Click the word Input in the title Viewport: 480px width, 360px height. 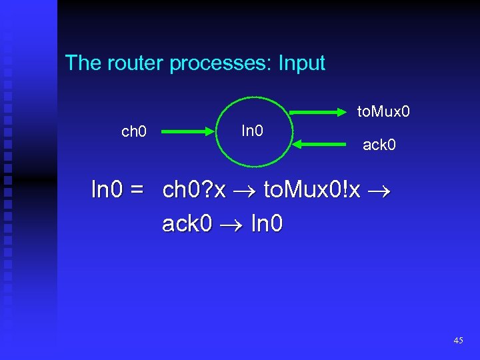[302, 63]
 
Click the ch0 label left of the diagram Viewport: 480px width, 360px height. [134, 131]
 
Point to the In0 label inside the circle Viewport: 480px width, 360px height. [251, 129]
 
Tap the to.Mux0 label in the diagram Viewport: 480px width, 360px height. [383, 111]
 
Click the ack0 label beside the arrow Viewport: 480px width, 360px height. [379, 143]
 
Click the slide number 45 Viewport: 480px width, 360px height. [458, 340]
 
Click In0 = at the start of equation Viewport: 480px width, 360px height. [117, 191]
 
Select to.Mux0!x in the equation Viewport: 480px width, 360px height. [312, 191]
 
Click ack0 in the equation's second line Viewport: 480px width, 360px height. [187, 224]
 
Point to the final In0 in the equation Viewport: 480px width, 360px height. [266, 224]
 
